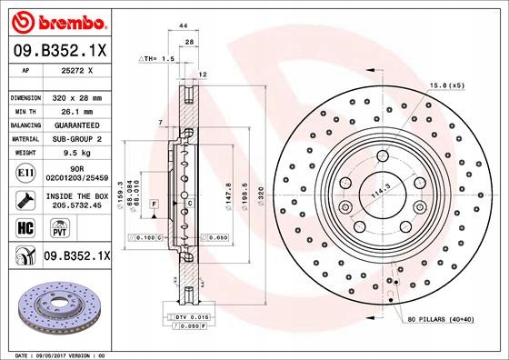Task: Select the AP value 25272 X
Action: coord(73,68)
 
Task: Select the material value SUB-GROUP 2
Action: coord(75,138)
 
